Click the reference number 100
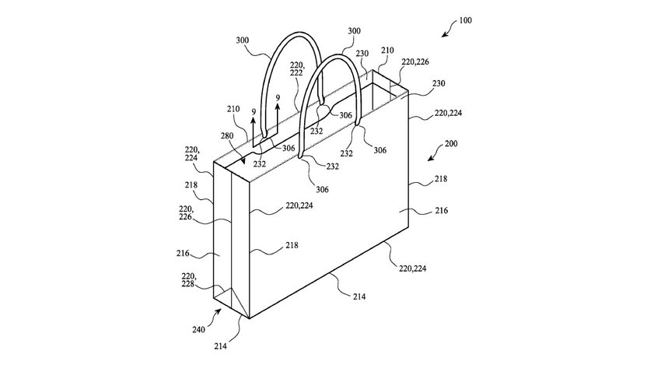[x=465, y=20]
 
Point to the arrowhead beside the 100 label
[x=444, y=35]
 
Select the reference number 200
[x=450, y=143]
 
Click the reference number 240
[x=198, y=329]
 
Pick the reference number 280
[x=227, y=136]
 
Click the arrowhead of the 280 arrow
[x=243, y=162]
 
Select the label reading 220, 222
[x=296, y=69]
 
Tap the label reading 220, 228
[x=188, y=280]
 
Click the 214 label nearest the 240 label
[x=220, y=346]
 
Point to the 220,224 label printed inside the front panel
[x=299, y=205]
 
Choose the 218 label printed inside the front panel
[x=292, y=245]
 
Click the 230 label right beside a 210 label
[x=362, y=54]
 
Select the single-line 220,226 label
[x=415, y=62]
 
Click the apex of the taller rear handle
[x=298, y=33]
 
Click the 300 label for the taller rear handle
[x=243, y=40]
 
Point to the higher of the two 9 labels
[x=278, y=98]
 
